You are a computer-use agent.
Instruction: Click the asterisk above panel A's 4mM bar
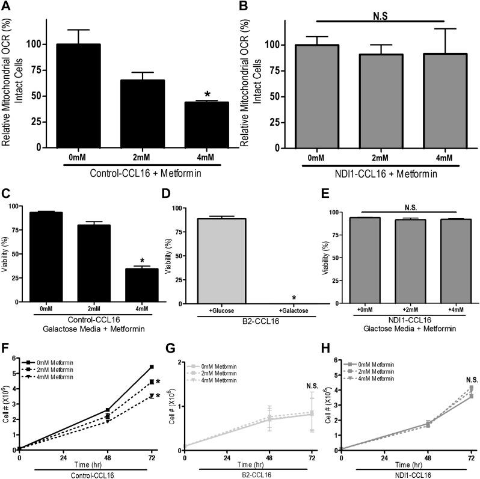point(207,95)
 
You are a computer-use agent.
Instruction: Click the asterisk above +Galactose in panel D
point(294,282)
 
